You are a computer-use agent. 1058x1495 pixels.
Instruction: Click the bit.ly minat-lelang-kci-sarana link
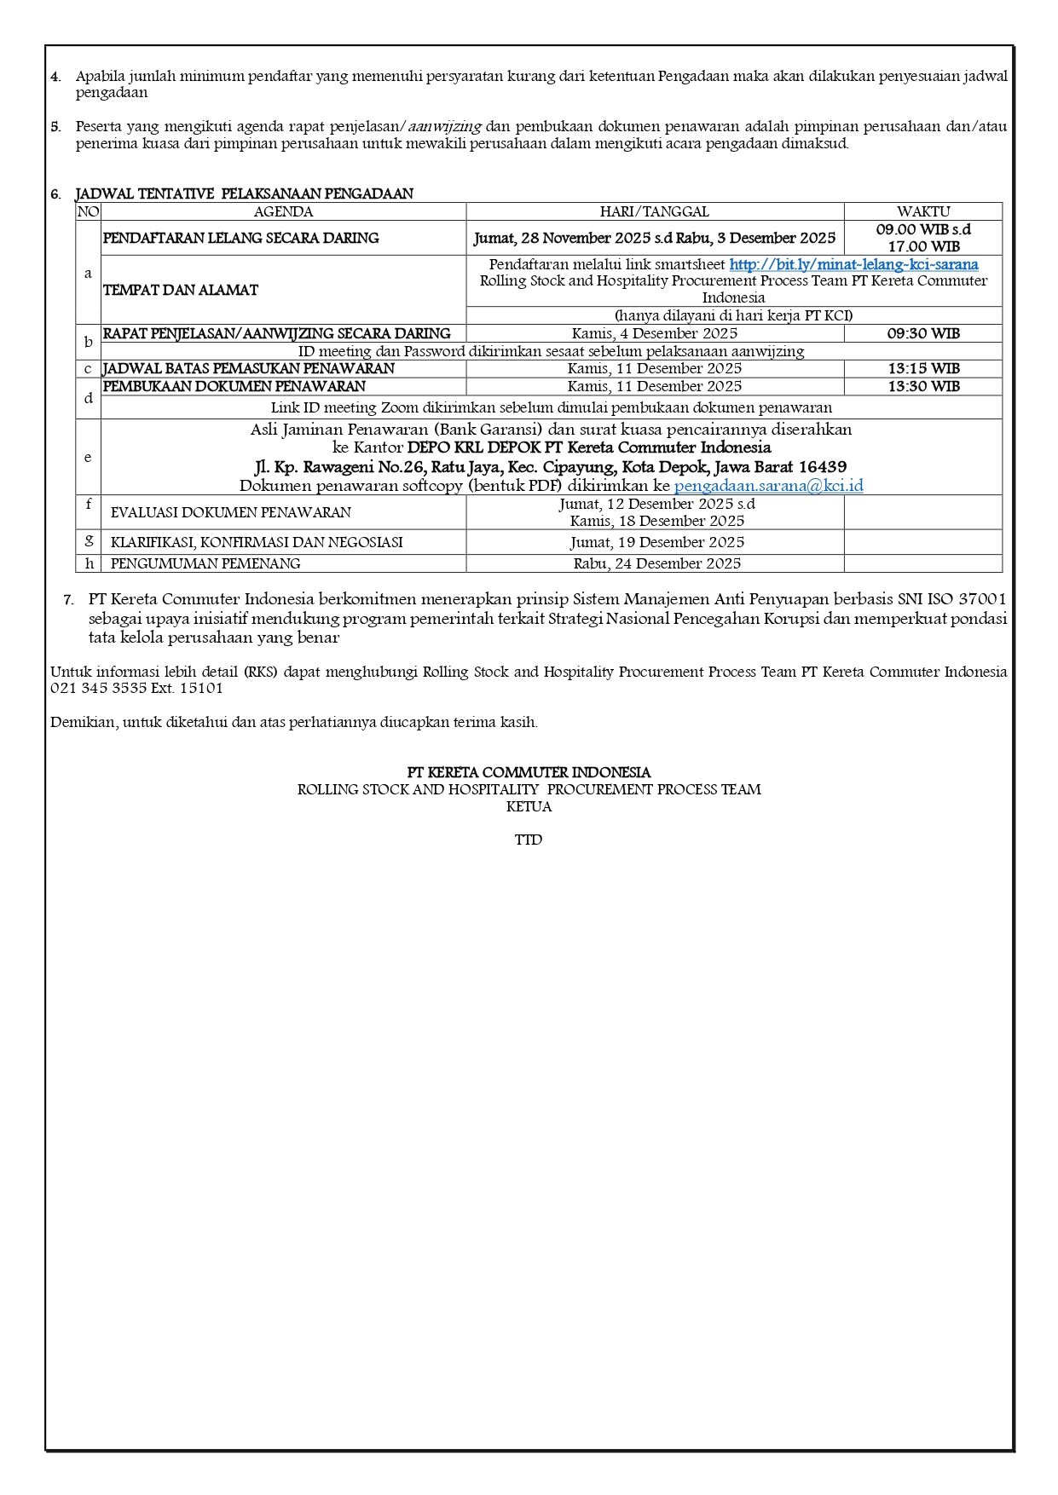[x=853, y=264]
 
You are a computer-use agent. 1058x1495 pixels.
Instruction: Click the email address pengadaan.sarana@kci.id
[x=768, y=486]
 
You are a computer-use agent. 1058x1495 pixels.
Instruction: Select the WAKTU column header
[x=922, y=211]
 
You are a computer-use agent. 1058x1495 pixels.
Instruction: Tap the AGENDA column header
[x=283, y=211]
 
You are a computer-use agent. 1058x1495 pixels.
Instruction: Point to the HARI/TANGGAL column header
[x=654, y=211]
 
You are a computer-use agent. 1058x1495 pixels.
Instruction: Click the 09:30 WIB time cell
[x=922, y=333]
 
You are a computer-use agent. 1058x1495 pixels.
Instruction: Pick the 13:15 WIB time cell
[x=922, y=368]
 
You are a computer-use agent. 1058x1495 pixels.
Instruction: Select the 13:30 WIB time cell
[x=922, y=386]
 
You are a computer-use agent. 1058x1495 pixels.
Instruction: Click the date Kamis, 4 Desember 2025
[x=654, y=333]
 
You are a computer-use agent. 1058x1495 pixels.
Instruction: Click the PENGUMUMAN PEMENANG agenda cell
[x=205, y=563]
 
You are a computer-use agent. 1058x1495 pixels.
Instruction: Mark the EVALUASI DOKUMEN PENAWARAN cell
[x=230, y=512]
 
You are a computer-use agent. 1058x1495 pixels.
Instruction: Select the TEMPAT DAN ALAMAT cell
[x=180, y=290]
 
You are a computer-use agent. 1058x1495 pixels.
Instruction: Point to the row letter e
[x=88, y=457]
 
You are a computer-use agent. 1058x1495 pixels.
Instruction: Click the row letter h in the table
[x=89, y=563]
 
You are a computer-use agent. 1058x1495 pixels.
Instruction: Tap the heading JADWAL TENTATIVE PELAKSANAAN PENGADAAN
[x=244, y=193]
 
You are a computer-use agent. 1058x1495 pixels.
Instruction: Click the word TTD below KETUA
[x=528, y=840]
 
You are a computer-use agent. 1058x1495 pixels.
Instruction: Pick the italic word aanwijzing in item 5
[x=444, y=126]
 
